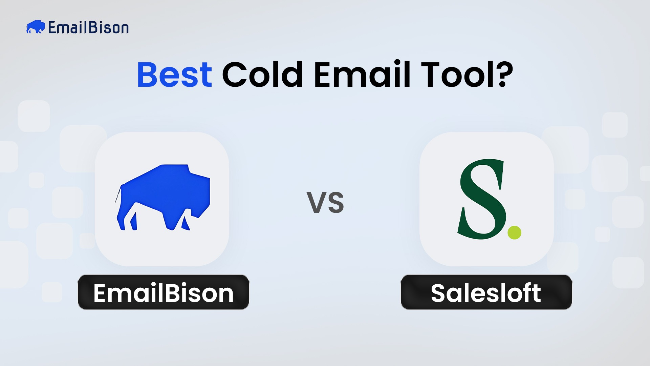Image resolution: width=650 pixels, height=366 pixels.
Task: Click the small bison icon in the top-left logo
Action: pyautogui.click(x=35, y=27)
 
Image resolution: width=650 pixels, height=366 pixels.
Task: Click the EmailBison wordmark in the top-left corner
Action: pyautogui.click(x=88, y=27)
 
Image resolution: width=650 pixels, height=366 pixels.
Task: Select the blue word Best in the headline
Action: pyautogui.click(x=174, y=75)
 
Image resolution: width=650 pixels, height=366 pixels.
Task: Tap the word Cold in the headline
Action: pyautogui.click(x=262, y=75)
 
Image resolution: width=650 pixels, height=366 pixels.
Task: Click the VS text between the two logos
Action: pyautogui.click(x=325, y=203)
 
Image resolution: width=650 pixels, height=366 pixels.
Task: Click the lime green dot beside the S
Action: pyautogui.click(x=514, y=233)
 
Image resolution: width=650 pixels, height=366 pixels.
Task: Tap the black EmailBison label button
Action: pyautogui.click(x=164, y=292)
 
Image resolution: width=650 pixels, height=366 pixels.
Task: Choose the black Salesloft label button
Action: pyautogui.click(x=486, y=292)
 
